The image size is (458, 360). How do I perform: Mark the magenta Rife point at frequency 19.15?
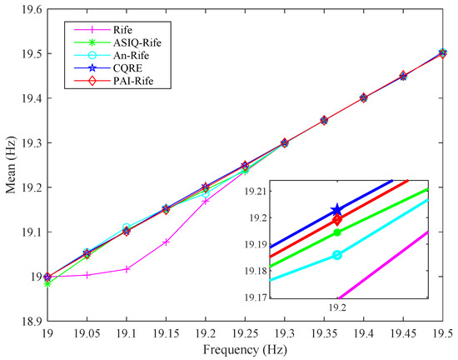166,242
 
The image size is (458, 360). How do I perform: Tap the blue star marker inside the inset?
337,210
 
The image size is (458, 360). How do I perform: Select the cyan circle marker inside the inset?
337,254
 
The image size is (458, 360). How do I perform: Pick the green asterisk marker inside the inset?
337,232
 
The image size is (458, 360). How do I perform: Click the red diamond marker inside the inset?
337,220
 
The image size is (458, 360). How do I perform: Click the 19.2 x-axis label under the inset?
337,307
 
